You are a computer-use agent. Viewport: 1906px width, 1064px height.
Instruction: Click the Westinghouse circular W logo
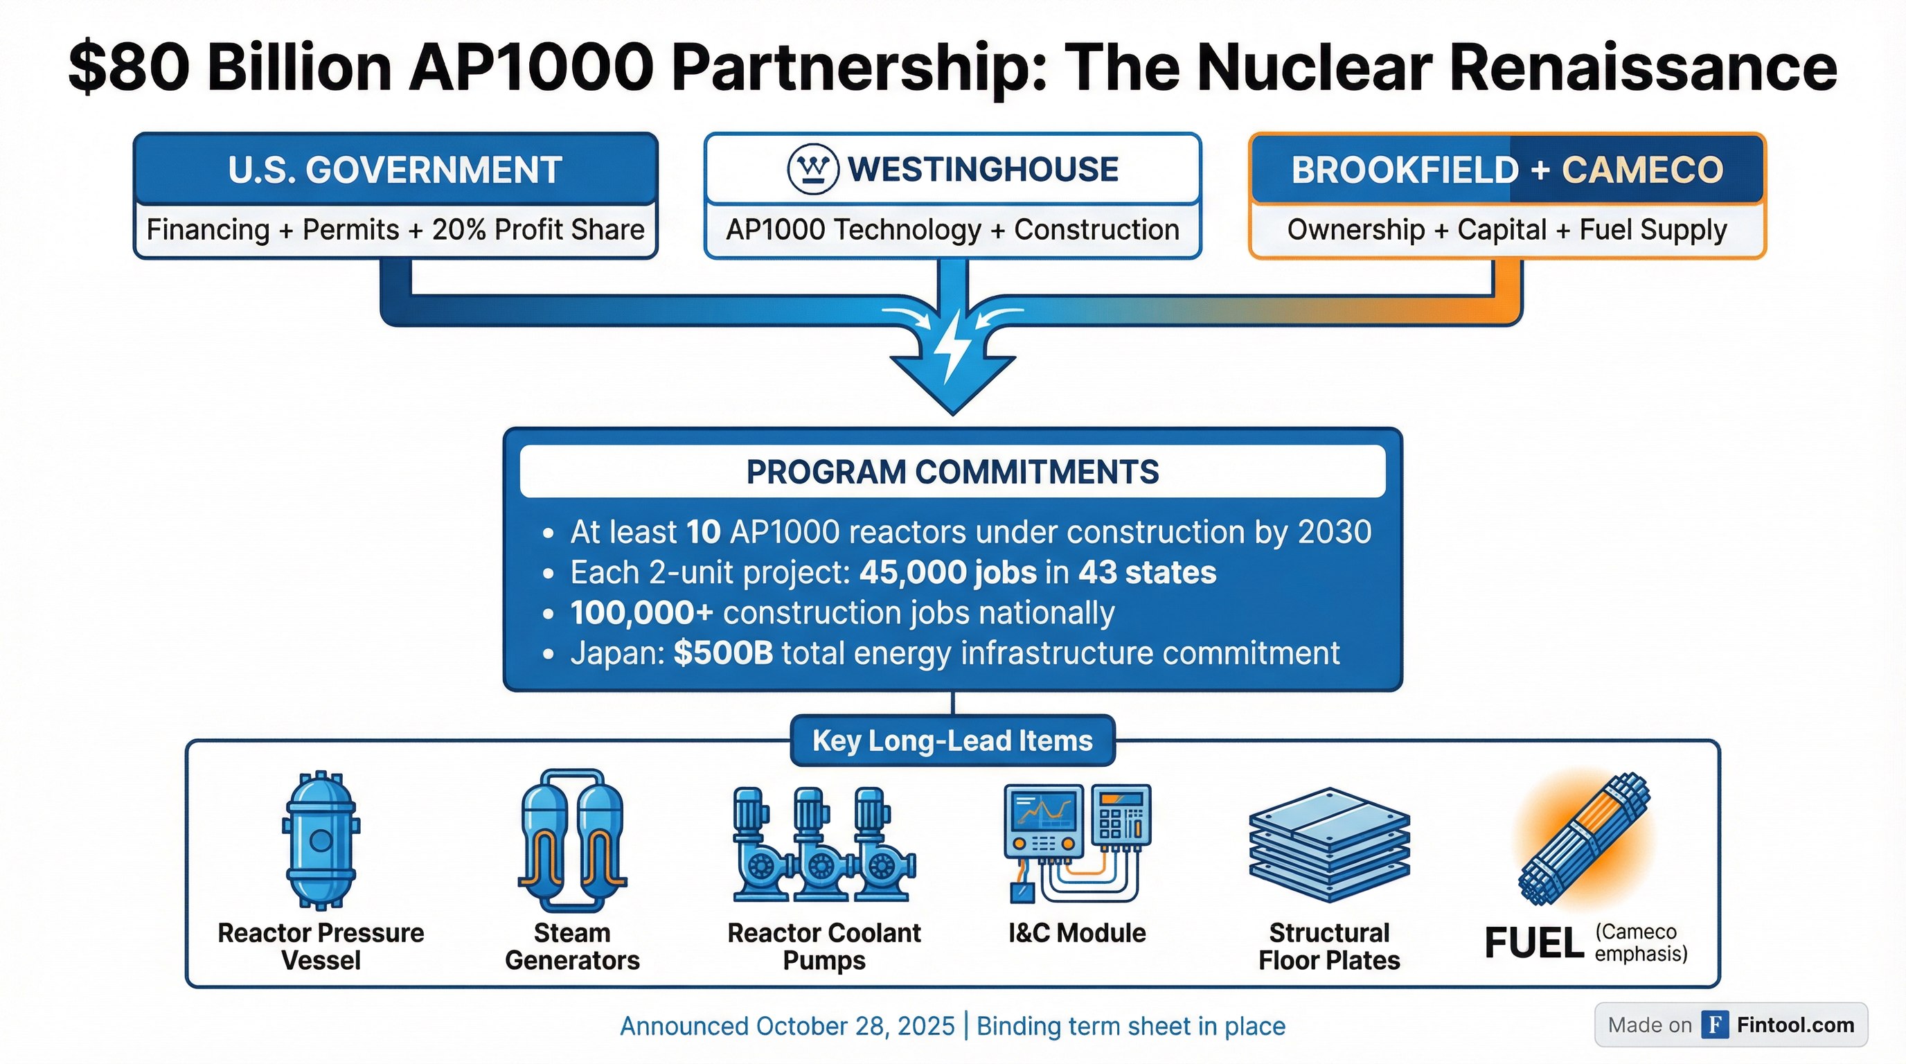812,170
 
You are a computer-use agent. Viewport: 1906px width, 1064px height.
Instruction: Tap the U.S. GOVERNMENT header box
395,170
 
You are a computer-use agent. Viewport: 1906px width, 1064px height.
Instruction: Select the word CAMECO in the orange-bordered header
1642,170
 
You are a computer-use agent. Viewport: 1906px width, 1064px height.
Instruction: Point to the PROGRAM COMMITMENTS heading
952,472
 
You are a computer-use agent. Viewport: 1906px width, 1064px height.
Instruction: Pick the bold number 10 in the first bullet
702,532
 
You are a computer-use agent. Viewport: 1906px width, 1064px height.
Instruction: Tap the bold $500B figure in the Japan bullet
723,653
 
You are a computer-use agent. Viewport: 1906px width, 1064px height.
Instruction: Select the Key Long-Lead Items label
952,741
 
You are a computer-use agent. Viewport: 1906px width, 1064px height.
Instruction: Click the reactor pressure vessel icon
321,840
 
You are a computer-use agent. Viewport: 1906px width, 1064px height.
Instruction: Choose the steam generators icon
572,840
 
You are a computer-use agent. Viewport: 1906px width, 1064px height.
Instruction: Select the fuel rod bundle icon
1584,839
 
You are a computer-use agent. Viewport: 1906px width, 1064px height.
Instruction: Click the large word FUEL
1534,944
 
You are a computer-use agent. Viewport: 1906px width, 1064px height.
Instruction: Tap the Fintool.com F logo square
1714,1025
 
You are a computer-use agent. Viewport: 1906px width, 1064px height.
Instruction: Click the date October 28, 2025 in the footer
855,1027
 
